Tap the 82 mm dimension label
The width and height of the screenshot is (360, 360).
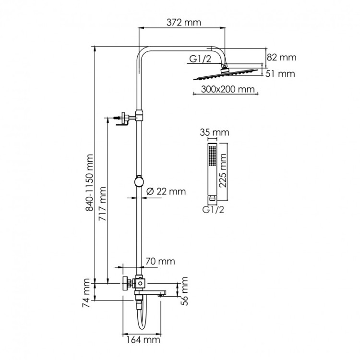click(282, 57)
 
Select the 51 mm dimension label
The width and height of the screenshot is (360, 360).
click(281, 74)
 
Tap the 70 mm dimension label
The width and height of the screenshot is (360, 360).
click(159, 262)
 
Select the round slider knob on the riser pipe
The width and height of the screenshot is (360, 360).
click(139, 181)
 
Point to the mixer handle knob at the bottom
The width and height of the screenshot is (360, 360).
click(126, 283)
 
